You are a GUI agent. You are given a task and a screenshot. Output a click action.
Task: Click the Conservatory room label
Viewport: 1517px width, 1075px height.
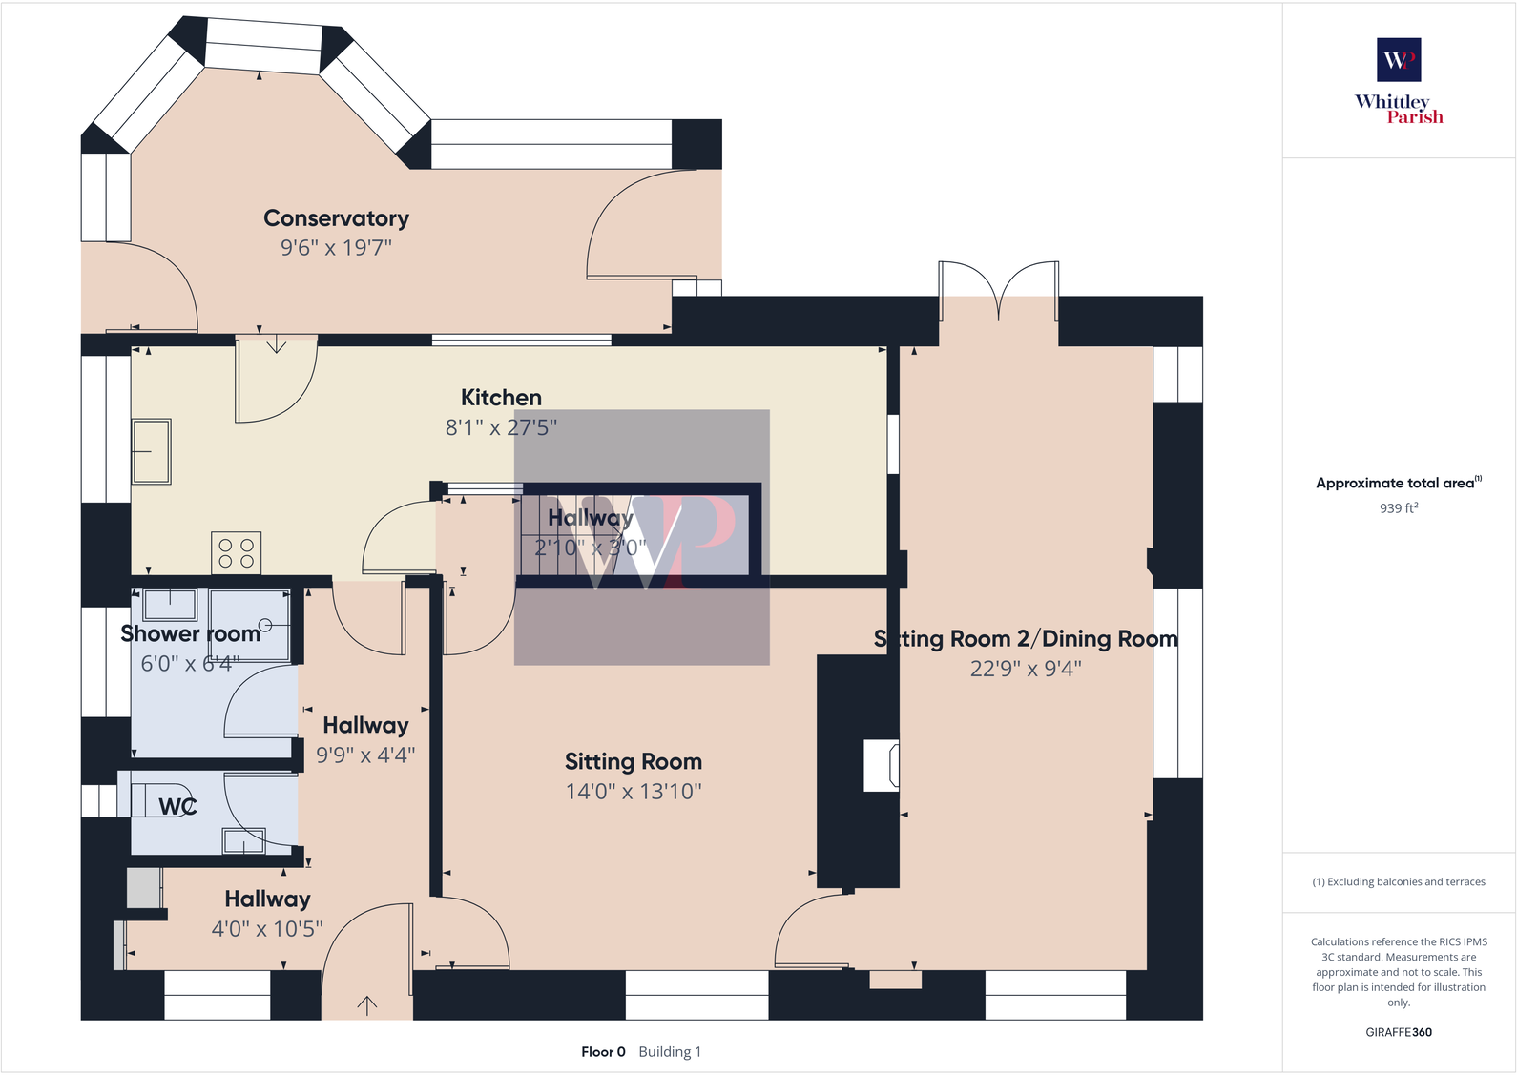click(336, 218)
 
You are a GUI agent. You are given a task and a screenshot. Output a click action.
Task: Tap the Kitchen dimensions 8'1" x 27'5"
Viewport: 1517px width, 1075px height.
click(501, 427)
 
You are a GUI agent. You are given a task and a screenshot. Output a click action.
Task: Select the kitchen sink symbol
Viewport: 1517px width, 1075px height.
click(152, 451)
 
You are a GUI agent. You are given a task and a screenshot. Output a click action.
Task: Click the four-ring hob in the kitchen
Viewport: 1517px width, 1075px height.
click(236, 553)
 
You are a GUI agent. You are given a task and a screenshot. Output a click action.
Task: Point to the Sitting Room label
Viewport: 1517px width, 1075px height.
click(633, 761)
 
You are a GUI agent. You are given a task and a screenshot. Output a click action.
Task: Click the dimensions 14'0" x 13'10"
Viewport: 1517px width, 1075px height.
click(633, 791)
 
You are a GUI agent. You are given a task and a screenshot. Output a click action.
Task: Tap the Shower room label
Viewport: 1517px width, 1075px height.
click(190, 633)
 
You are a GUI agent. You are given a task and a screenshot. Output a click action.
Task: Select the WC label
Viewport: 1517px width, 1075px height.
click(177, 806)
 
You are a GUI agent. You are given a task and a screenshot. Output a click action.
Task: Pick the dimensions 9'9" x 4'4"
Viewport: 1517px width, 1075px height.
click(365, 755)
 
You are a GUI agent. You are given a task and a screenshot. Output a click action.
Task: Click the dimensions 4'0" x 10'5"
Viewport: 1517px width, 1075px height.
click(267, 928)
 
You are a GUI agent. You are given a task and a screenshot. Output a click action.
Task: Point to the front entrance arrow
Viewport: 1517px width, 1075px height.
click(367, 1003)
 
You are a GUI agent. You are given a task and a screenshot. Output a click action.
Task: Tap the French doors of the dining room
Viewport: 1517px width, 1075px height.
click(999, 291)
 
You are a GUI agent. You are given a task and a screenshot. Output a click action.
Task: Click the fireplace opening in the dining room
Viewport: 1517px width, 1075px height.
click(881, 765)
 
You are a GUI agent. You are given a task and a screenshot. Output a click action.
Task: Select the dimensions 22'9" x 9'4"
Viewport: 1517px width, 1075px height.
click(1026, 669)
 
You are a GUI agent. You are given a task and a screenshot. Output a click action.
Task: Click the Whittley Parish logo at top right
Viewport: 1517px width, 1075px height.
click(1399, 81)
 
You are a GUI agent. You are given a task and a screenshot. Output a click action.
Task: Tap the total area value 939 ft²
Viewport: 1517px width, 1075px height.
click(1398, 508)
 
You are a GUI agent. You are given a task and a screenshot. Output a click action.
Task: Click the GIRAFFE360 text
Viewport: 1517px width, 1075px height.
click(1398, 1032)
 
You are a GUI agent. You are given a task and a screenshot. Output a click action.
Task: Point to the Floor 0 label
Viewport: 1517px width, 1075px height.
click(603, 1052)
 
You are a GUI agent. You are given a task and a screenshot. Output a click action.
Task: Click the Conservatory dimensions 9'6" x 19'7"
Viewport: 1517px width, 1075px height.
click(336, 248)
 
